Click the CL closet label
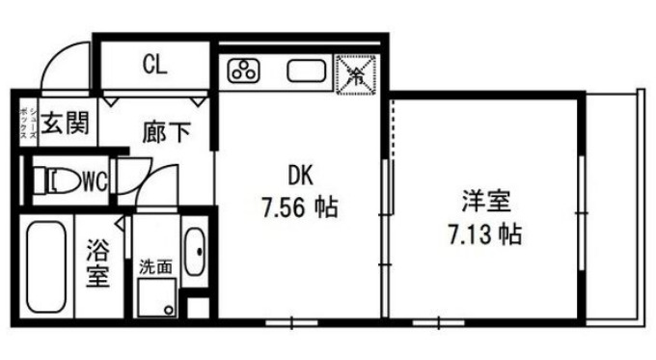point(154,66)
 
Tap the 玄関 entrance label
point(66,124)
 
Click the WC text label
point(94,180)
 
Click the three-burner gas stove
point(244,70)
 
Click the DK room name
point(300,174)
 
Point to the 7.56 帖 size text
point(300,207)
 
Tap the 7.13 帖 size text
point(484,234)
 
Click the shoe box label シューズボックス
point(26,124)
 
